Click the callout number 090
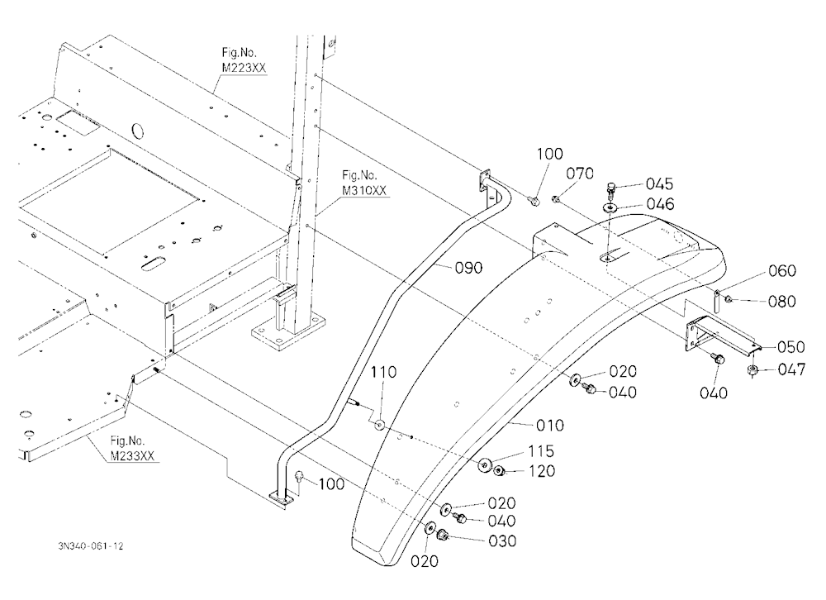pyautogui.click(x=468, y=268)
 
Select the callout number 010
pyautogui.click(x=550, y=425)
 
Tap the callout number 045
pyautogui.click(x=659, y=183)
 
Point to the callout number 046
pyautogui.click(x=661, y=203)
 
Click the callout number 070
pyautogui.click(x=580, y=173)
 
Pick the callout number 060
pyautogui.click(x=782, y=270)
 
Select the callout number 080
pyautogui.click(x=782, y=301)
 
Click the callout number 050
pyautogui.click(x=791, y=347)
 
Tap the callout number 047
pyautogui.click(x=792, y=369)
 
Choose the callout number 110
pyautogui.click(x=383, y=372)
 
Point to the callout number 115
pyautogui.click(x=541, y=450)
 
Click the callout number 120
pyautogui.click(x=541, y=470)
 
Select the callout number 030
pyautogui.click(x=502, y=541)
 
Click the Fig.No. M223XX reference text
pyautogui.click(x=244, y=60)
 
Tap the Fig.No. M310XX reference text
pyautogui.click(x=364, y=183)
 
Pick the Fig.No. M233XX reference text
pyautogui.click(x=132, y=448)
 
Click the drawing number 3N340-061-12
pyautogui.click(x=91, y=546)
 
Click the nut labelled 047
pyautogui.click(x=752, y=370)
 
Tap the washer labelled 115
pyautogui.click(x=484, y=466)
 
